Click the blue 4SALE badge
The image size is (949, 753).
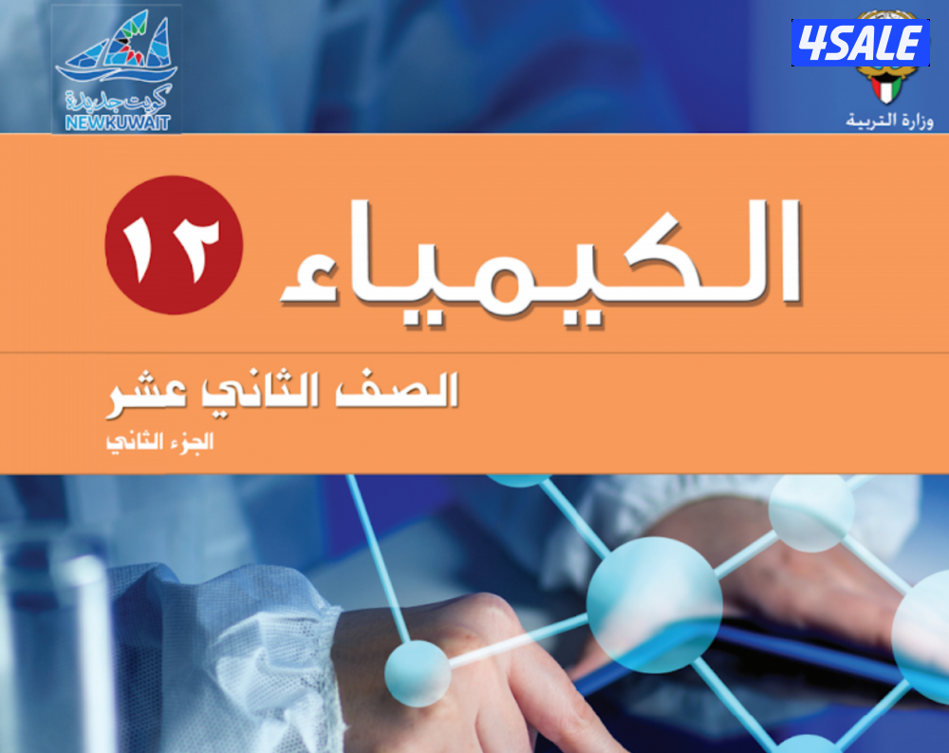pos(860,43)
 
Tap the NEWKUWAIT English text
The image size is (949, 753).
pos(118,123)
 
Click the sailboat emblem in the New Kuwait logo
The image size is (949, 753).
pos(117,49)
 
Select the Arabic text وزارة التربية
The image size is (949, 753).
pos(889,120)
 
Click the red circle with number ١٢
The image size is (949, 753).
pos(174,245)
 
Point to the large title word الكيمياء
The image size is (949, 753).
pos(541,260)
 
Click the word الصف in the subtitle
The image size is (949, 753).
pos(397,389)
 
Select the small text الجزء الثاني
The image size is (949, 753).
pos(159,442)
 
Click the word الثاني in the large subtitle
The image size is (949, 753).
pos(261,390)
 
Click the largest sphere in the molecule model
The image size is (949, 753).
pos(654,605)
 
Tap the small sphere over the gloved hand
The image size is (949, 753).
pos(418,673)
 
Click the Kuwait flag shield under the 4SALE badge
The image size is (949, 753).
pos(886,89)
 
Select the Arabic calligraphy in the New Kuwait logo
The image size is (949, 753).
pos(119,99)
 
